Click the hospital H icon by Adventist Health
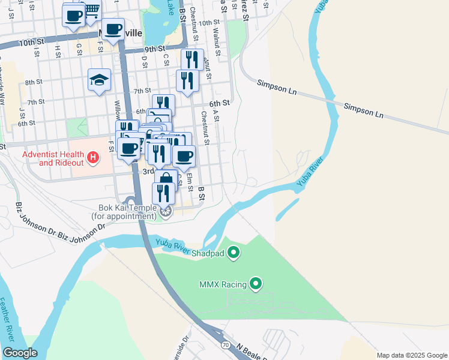click(x=93, y=158)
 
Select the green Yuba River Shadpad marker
click(x=234, y=253)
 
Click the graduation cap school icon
click(x=100, y=80)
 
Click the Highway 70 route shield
click(x=226, y=345)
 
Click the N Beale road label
click(x=251, y=352)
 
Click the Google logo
click(x=19, y=353)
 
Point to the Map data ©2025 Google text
click(x=411, y=355)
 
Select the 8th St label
click(x=34, y=82)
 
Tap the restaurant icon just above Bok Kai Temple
click(x=163, y=193)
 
